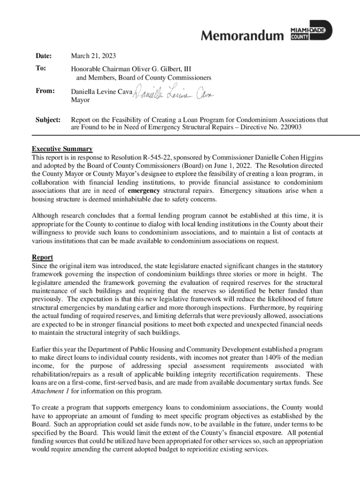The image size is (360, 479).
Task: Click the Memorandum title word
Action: click(242, 36)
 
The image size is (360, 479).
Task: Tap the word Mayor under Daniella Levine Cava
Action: click(80, 100)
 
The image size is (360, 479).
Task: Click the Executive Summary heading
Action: click(62, 149)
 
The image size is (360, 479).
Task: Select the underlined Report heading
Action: click(42, 257)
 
